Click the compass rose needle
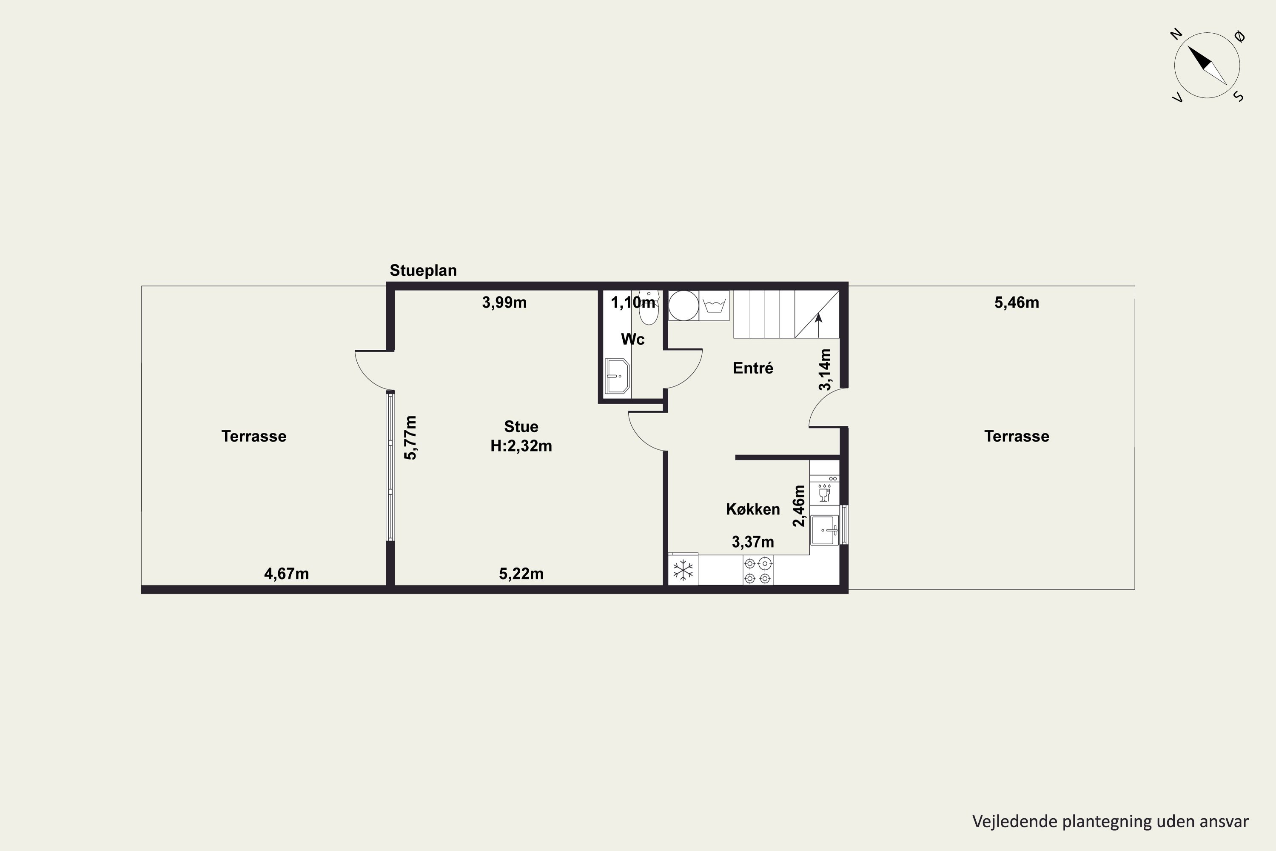point(1207,65)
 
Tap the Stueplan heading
point(423,270)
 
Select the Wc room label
point(632,339)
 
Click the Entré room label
point(753,368)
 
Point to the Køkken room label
point(753,509)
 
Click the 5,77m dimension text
point(411,438)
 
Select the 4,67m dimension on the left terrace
point(286,574)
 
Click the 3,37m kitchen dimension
point(753,542)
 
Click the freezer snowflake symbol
point(683,571)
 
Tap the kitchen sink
point(825,530)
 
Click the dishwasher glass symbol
point(824,493)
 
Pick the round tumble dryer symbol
point(684,306)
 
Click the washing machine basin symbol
point(714,305)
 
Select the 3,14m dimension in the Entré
point(825,370)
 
